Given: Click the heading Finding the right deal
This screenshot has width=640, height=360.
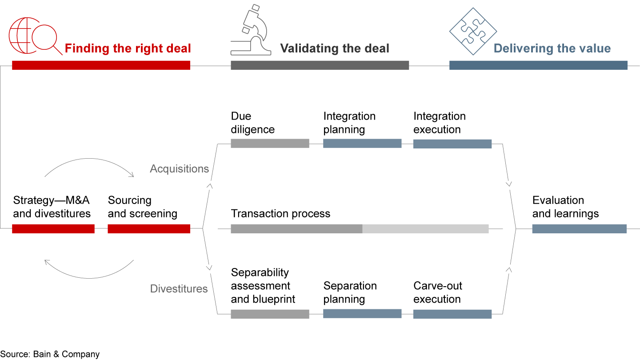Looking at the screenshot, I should (128, 48).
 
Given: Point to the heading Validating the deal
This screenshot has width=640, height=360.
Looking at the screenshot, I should (334, 48).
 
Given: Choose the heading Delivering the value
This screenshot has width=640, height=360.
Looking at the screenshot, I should (552, 48).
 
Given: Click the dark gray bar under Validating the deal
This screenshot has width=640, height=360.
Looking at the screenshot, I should (320, 65).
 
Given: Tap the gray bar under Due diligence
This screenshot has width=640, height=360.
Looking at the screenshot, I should (270, 143).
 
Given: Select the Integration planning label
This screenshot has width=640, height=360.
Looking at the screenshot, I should (349, 123).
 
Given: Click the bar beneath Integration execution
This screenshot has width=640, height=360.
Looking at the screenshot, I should (452, 144).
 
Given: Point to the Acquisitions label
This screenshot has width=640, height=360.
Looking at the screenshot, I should (179, 169).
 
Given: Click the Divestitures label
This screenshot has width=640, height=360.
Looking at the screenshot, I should (179, 289).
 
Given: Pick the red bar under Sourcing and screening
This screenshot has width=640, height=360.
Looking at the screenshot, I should (149, 229).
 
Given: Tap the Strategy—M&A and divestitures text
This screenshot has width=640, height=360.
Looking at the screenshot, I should (52, 207).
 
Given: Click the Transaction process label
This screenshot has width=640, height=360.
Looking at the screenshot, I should (280, 214).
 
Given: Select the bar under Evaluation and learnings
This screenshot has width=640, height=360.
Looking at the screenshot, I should (579, 229).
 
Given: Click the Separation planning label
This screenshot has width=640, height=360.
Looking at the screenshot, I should (350, 292).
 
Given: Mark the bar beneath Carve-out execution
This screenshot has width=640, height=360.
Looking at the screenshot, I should (452, 314).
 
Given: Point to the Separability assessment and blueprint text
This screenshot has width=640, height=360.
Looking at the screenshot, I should (263, 286).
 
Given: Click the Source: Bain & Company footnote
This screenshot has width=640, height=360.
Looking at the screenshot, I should (50, 354).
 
